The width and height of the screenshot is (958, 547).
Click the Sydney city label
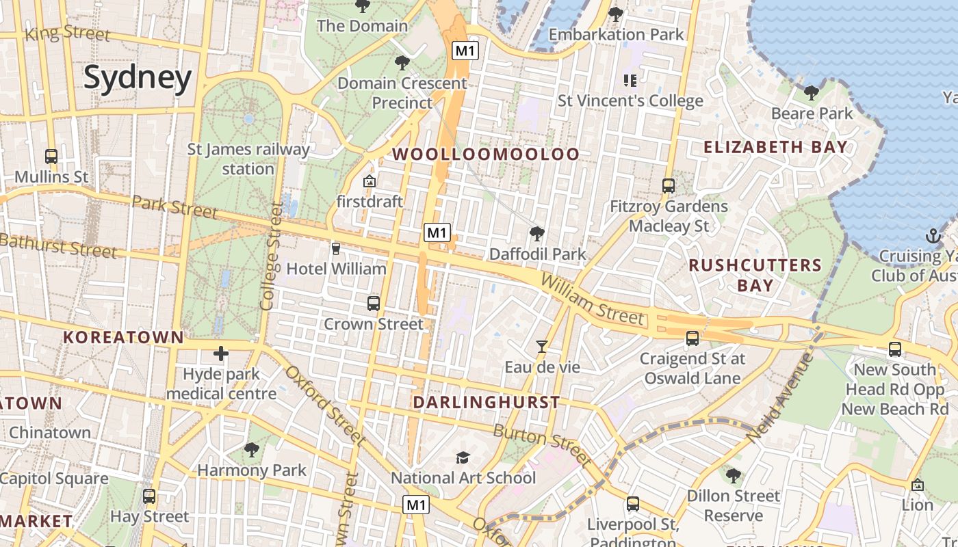pos(138,78)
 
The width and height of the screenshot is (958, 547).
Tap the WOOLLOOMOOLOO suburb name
pos(487,155)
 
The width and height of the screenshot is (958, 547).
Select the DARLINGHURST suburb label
pos(487,403)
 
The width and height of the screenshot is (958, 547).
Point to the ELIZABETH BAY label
pos(775,147)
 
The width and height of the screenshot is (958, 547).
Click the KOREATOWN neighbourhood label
pos(124,337)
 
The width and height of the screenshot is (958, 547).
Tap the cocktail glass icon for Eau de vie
pos(542,347)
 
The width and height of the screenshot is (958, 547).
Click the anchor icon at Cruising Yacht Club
pos(933,237)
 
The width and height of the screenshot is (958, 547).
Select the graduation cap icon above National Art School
pos(463,457)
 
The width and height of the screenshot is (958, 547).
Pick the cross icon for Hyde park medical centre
pos(220,353)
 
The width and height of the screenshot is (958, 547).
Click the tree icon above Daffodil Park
pos(537,234)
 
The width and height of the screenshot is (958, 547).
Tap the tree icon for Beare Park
pos(812,92)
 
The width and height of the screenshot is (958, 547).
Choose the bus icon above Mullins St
pos(51,156)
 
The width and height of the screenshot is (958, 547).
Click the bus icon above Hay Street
pos(149,496)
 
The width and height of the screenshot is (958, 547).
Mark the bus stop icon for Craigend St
pos(692,338)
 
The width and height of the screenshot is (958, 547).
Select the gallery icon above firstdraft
pos(370,181)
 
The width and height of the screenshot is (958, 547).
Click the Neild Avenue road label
pos(779,397)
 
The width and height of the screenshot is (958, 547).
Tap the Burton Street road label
pos(542,444)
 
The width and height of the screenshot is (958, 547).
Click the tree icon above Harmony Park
pos(252,450)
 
